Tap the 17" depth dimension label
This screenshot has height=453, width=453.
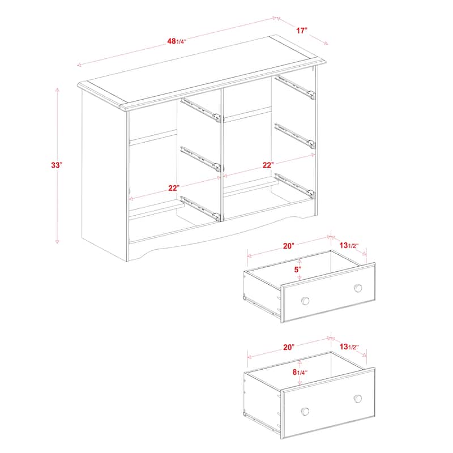(x=301, y=31)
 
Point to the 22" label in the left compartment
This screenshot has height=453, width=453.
(x=173, y=188)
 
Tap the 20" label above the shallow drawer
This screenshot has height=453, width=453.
(x=289, y=246)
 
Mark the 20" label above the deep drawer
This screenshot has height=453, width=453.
(x=288, y=347)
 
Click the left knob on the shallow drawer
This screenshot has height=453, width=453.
(x=305, y=300)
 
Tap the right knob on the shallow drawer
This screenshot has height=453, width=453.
(x=358, y=288)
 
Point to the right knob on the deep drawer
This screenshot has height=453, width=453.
(x=358, y=398)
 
